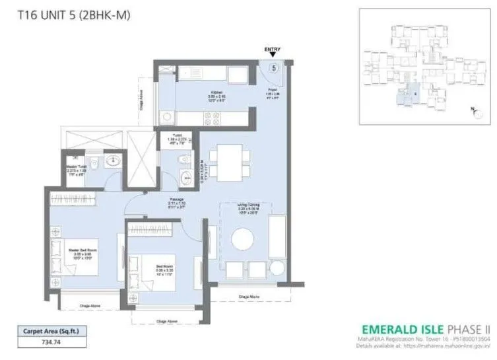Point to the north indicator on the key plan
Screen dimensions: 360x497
click(473, 108)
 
